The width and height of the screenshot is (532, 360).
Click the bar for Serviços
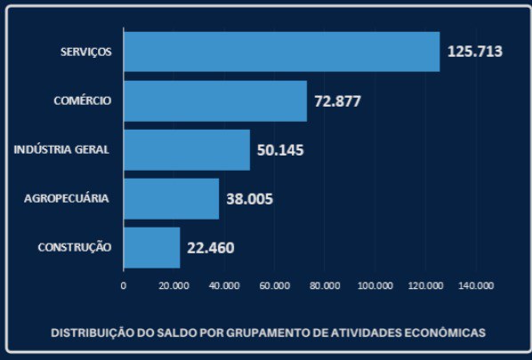281,52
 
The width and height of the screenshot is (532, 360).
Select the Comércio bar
215,100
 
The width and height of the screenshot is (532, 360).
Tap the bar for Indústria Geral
187,149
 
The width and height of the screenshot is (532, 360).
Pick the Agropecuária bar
171,198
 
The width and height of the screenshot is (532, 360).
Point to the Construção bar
152,247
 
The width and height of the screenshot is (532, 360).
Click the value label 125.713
475,52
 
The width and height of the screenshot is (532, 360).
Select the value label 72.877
337,100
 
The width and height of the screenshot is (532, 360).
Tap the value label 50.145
280,149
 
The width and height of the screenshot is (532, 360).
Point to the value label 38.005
249,198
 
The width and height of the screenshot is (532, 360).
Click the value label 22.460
211,247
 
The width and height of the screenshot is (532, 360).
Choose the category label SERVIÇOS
85,52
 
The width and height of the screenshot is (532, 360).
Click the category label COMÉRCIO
83,100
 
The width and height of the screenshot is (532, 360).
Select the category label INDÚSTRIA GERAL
61,149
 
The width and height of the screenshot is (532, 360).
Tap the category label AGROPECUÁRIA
67,198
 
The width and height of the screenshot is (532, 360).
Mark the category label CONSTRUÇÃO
75,247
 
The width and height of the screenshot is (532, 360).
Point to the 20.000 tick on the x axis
173,285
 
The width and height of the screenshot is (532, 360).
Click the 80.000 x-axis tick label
325,285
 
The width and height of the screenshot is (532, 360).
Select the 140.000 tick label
476,285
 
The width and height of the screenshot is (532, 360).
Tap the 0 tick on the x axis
124,285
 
